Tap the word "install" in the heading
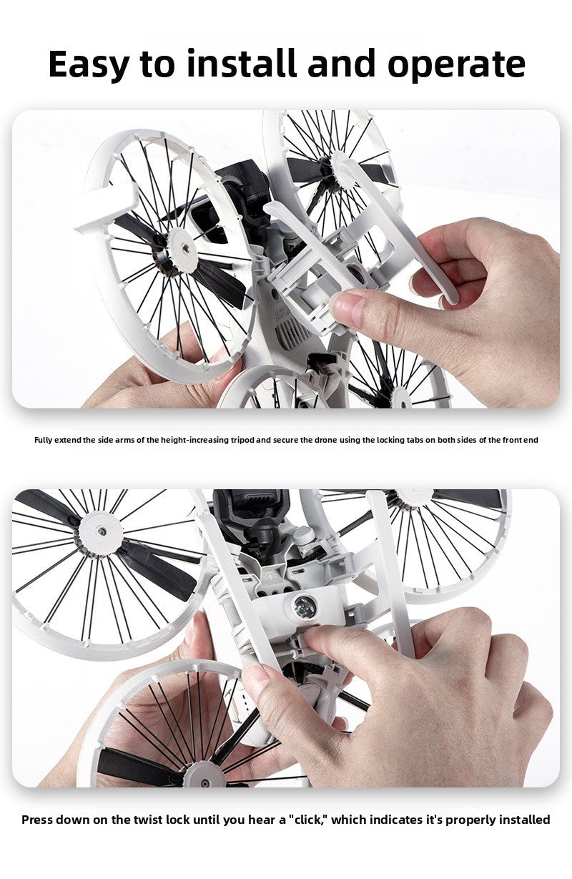[x=241, y=63]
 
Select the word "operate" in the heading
[x=456, y=66]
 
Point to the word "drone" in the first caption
[x=325, y=440]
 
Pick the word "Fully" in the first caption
[x=43, y=440]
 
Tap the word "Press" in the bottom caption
[x=37, y=820]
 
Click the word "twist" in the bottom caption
[x=148, y=820]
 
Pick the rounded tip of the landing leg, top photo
[x=451, y=300]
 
